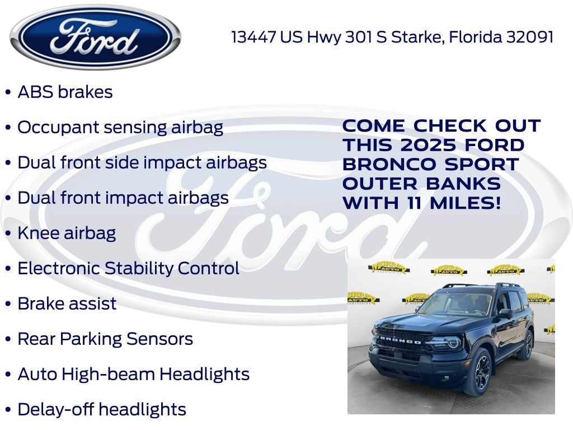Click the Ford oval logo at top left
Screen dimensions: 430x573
[x=95, y=37]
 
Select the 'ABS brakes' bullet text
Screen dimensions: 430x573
[x=65, y=92]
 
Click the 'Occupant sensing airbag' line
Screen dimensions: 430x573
[x=120, y=127]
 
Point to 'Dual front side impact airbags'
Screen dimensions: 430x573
[x=142, y=162]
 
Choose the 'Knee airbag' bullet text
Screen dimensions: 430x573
[x=67, y=233]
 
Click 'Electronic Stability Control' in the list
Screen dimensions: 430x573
[x=128, y=268]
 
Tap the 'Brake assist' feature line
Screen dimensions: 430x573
[x=67, y=303]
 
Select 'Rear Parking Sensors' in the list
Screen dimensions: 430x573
[x=105, y=339]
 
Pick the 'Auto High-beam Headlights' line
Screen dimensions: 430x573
[x=133, y=374]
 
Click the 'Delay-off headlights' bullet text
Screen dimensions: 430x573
[x=102, y=409]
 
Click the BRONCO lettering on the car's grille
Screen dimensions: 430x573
[x=398, y=340]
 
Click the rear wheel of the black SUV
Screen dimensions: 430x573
[x=528, y=344]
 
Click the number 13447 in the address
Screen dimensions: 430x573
[x=253, y=37]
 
